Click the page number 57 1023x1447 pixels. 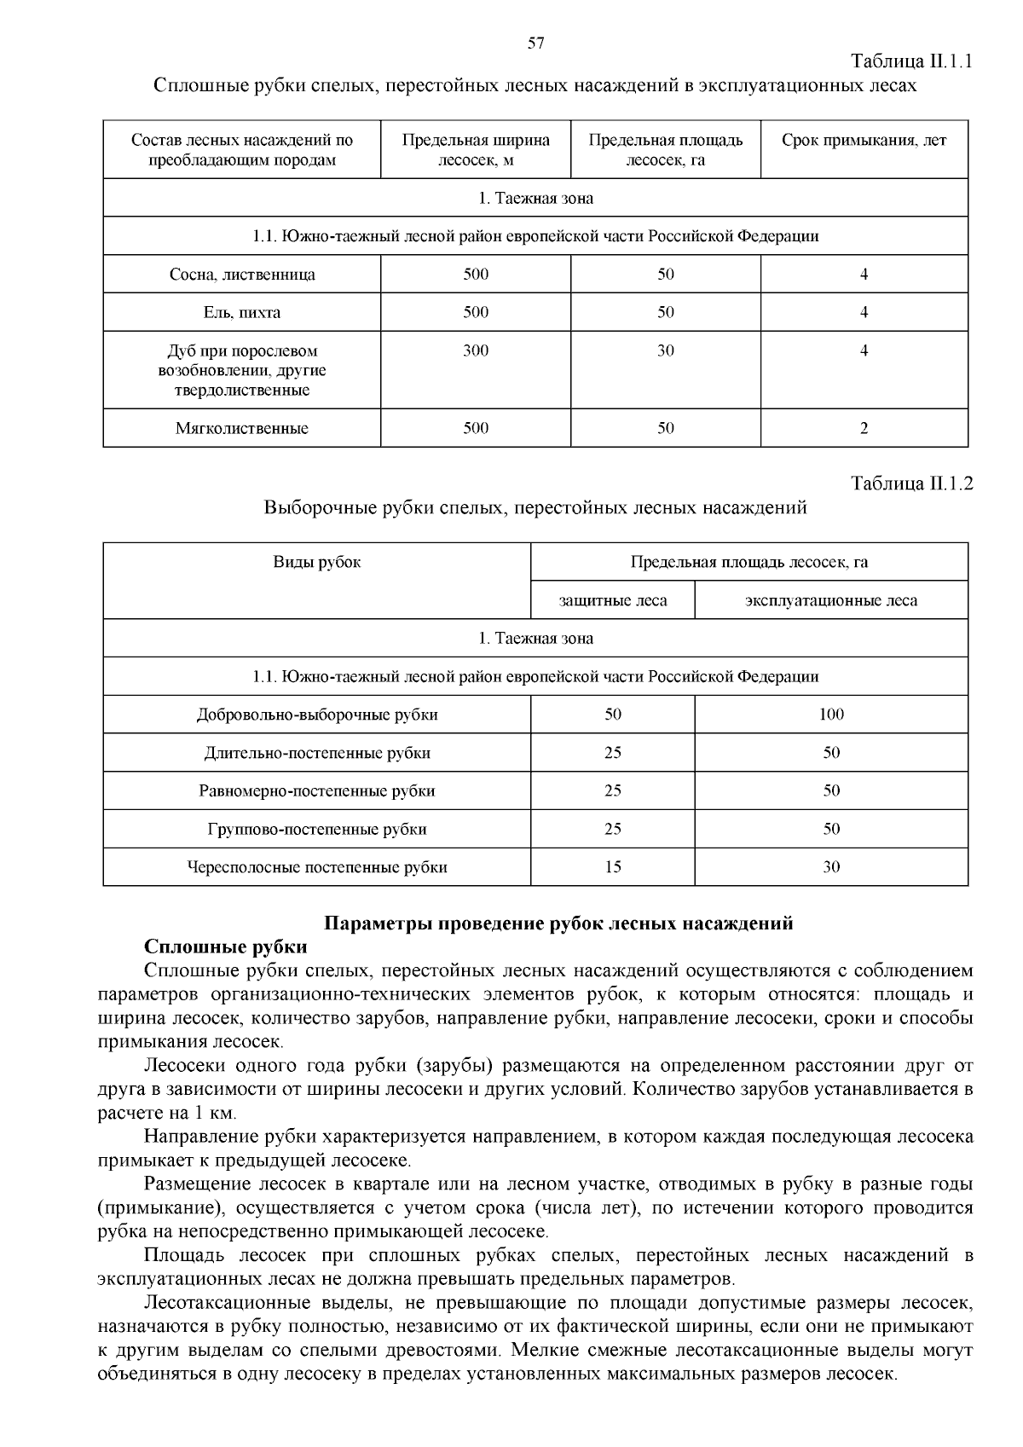[x=535, y=43]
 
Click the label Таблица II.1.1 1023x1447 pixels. [x=912, y=61]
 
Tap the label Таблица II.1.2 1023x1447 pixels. [x=912, y=483]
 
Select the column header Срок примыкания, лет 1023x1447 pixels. [x=864, y=141]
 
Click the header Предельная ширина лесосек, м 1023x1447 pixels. [x=476, y=150]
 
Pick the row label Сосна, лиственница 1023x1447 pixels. [x=242, y=275]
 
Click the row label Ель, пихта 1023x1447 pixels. [x=242, y=313]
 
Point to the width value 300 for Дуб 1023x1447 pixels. [x=476, y=350]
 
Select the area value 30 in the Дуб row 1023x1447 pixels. [x=666, y=350]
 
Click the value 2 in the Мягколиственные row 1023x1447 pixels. [x=864, y=429]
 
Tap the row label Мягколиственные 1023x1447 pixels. [x=242, y=429]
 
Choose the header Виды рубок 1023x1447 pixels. [x=317, y=562]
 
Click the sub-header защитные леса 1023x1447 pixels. [x=613, y=600]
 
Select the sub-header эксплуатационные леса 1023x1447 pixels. [x=831, y=600]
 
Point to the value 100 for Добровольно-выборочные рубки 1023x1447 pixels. [x=831, y=715]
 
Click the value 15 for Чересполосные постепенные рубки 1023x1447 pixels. [x=613, y=867]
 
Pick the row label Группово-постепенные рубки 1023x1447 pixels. [x=317, y=829]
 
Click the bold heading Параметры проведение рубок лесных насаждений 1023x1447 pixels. [x=559, y=923]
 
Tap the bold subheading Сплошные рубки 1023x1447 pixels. [x=226, y=947]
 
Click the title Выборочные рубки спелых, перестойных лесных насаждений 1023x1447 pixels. [x=535, y=508]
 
